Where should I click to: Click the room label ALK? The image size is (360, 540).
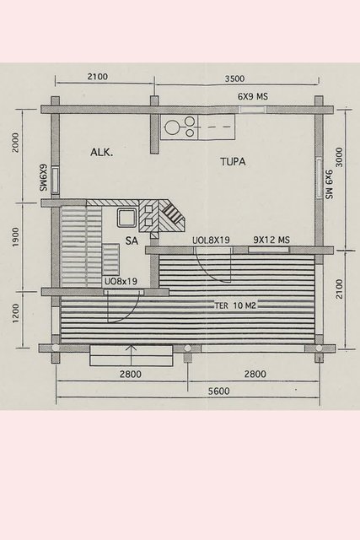(x=101, y=152)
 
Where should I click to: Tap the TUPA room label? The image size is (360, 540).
(x=233, y=161)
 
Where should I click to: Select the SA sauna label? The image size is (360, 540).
(x=132, y=240)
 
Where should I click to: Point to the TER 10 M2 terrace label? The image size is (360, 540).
(x=235, y=305)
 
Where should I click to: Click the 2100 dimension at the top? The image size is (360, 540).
(x=98, y=77)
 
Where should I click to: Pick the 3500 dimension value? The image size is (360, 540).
(x=234, y=78)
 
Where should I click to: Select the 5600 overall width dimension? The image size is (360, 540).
(x=219, y=391)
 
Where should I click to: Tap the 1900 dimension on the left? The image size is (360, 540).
(x=16, y=237)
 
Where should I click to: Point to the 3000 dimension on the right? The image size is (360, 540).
(x=339, y=157)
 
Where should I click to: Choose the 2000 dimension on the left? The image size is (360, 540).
(x=15, y=143)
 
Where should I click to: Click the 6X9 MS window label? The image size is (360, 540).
(x=253, y=96)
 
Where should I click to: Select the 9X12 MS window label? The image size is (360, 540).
(x=271, y=240)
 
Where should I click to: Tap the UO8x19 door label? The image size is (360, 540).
(x=121, y=281)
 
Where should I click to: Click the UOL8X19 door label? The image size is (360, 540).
(x=211, y=240)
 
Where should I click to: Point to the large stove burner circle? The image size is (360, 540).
(x=171, y=127)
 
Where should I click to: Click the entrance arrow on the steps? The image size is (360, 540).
(x=132, y=354)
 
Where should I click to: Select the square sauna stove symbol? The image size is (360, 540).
(x=126, y=219)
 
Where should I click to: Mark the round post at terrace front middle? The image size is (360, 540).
(x=187, y=348)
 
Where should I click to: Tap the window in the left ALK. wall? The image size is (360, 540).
(x=55, y=180)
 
